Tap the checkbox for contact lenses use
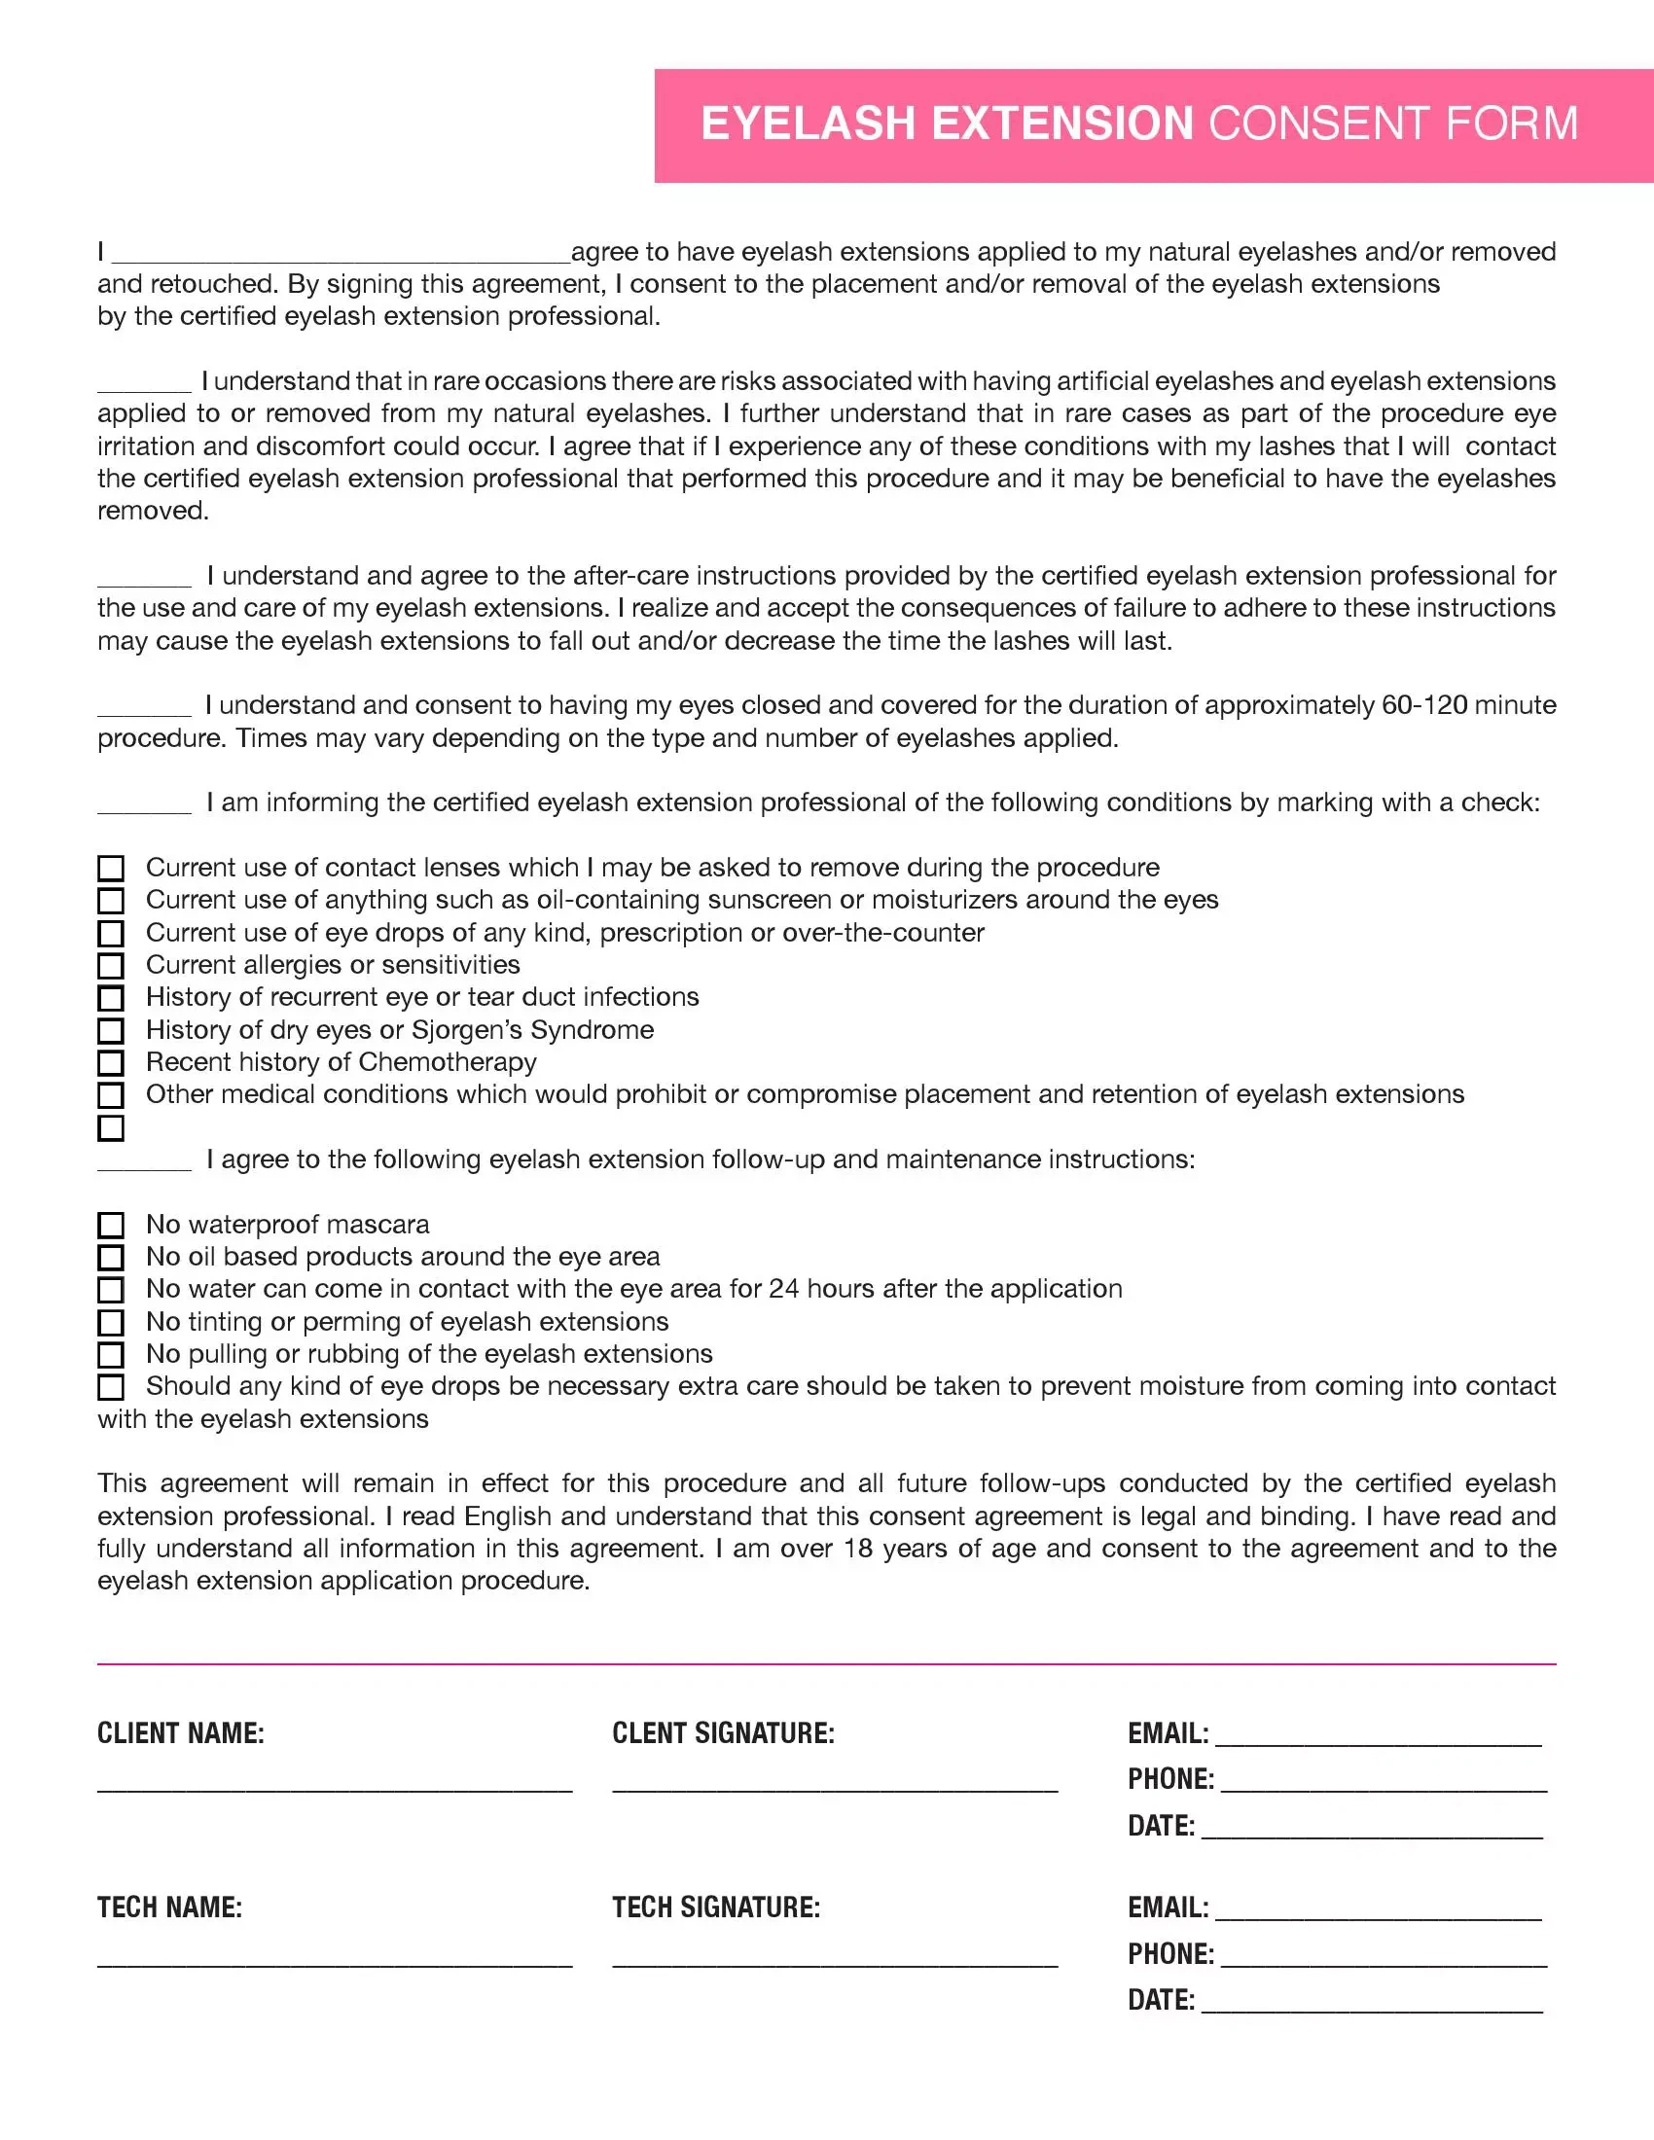(111, 868)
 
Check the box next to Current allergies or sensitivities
(111, 965)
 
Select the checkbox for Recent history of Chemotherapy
(111, 1062)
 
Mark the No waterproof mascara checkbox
(111, 1225)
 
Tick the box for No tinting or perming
(111, 1322)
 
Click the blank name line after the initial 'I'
(341, 257)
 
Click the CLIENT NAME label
(180, 1733)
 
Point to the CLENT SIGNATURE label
(723, 1733)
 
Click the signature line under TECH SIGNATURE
(835, 1964)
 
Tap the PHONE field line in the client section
(1384, 1789)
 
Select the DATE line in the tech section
(1372, 2010)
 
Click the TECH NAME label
(169, 1908)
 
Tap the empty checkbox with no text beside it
(111, 1127)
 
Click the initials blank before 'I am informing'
(144, 809)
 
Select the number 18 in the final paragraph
(857, 1549)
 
